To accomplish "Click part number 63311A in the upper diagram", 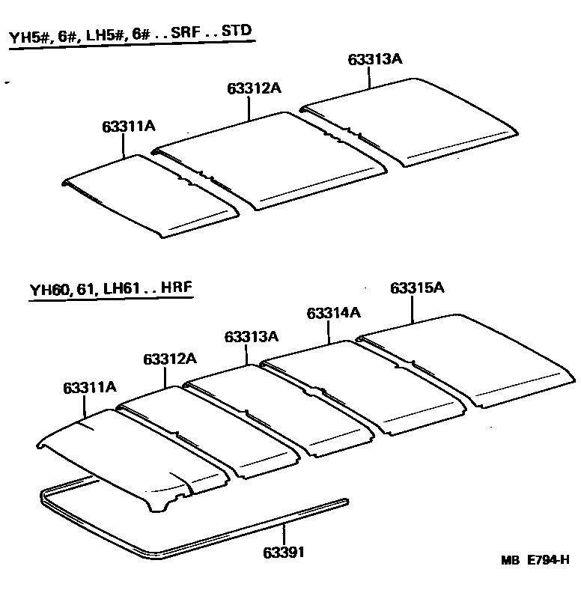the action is [129, 127].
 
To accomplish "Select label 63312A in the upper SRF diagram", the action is [255, 88].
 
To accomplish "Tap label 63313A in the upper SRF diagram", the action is [376, 60].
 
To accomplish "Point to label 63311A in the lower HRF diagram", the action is [90, 387].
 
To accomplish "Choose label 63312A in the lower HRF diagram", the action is [170, 359].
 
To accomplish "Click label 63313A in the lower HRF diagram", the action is [251, 337].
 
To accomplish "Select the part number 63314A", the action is [334, 313].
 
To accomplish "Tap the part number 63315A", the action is [418, 288].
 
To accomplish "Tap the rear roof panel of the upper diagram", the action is [412, 120].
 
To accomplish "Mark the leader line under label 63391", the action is [285, 535].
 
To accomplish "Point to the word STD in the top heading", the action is [237, 32].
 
